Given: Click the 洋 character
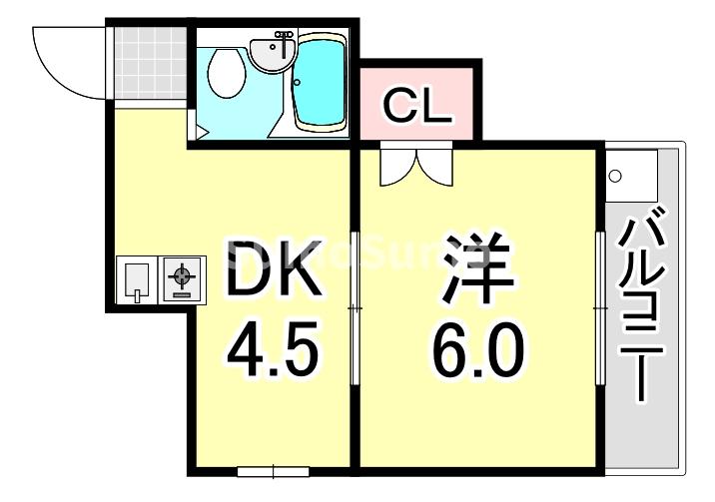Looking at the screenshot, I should (x=477, y=268).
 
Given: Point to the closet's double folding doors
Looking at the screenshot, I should (x=416, y=166).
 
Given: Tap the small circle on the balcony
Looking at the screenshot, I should (x=616, y=177).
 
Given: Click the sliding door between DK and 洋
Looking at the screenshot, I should (x=355, y=309).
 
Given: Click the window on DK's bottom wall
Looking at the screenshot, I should (x=271, y=469).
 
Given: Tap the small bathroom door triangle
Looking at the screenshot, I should (x=201, y=131).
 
